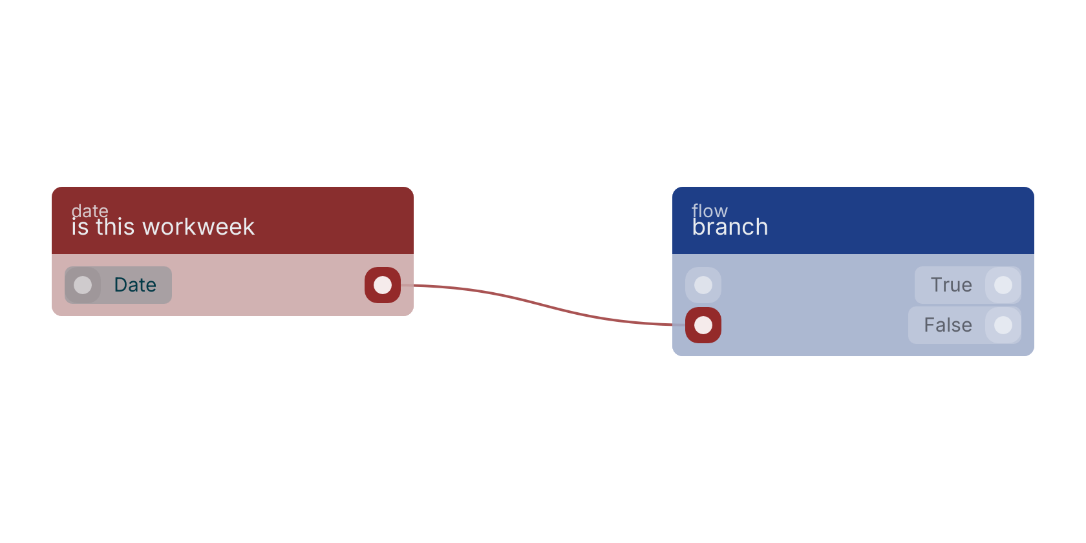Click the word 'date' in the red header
click(90, 211)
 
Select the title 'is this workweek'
click(163, 227)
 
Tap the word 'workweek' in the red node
click(198, 227)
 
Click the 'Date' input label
click(135, 285)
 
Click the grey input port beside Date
click(83, 285)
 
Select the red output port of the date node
click(383, 285)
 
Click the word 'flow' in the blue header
click(710, 211)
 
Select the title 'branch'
click(730, 227)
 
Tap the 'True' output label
click(952, 285)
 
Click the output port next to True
click(1003, 285)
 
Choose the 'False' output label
click(948, 325)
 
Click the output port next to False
click(1003, 325)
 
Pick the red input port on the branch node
click(703, 325)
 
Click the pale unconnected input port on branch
click(703, 285)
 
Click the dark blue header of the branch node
click(853, 220)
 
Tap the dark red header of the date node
click(233, 220)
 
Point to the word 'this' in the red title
click(115, 227)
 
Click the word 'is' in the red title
click(80, 227)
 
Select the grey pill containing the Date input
click(118, 285)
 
